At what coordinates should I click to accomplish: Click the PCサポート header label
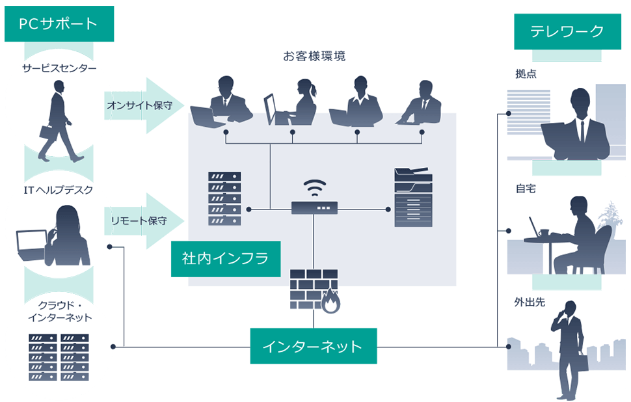pyautogui.click(x=58, y=24)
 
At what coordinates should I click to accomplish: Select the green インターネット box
pyautogui.click(x=312, y=345)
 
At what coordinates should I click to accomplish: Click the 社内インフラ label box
pyautogui.click(x=225, y=258)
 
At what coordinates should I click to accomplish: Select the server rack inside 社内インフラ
pyautogui.click(x=224, y=198)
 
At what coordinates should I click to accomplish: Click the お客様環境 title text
pyautogui.click(x=314, y=56)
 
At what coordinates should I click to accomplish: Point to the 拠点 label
pyautogui.click(x=525, y=74)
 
